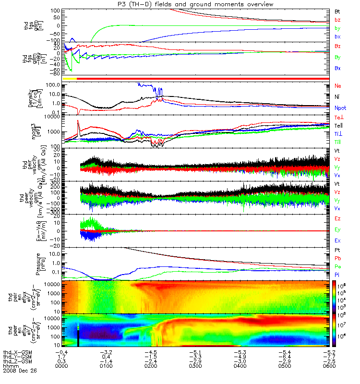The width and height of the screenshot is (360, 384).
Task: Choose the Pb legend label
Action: pos(338,258)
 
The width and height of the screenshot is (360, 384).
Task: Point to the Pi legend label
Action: pos(337,274)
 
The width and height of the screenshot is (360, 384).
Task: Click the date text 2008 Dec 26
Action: pos(20,371)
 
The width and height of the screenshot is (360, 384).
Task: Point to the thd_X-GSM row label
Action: pos(17,352)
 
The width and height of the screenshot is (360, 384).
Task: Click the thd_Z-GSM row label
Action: pos(17,361)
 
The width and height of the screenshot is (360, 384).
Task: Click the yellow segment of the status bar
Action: pos(70,77)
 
